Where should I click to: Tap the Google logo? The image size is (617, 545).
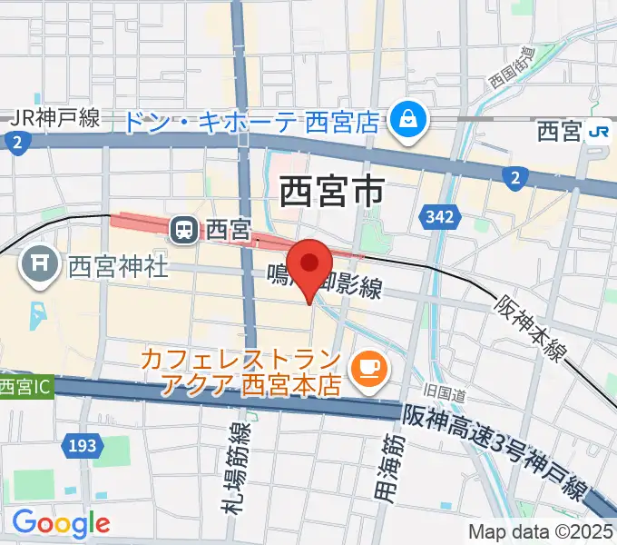(61, 522)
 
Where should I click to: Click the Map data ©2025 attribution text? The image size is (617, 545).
(541, 531)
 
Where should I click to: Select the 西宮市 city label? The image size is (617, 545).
(331, 192)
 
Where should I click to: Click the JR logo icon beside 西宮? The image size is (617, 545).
(598, 132)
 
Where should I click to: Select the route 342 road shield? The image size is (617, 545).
(436, 217)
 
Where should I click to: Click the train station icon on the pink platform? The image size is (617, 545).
(185, 231)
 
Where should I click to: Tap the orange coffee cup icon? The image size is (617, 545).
(369, 366)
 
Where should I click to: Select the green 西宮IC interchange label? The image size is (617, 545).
(25, 387)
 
